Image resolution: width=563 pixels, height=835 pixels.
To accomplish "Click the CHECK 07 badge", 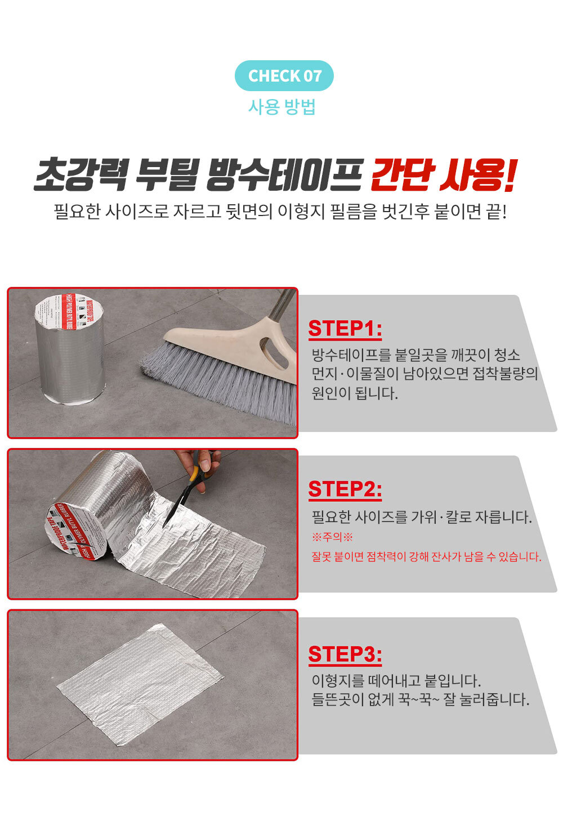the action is (x=284, y=75).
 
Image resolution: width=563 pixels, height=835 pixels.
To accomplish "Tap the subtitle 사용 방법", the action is (x=282, y=107).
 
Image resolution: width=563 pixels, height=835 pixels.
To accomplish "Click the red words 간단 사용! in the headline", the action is (x=443, y=174).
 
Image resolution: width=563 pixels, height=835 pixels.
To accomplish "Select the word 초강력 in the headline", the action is (x=81, y=174).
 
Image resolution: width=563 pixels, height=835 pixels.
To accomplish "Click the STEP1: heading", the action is (x=345, y=329).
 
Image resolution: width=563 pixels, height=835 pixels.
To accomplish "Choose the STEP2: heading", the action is (x=345, y=490).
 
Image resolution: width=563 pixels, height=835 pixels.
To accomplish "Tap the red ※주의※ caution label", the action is (x=332, y=537).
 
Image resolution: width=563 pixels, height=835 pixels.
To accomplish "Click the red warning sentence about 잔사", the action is (x=426, y=557).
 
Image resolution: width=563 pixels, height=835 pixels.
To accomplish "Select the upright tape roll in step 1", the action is (x=70, y=349).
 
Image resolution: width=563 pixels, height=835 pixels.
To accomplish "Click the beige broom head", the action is (x=232, y=343).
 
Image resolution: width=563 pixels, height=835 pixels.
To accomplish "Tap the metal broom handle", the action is (x=283, y=304).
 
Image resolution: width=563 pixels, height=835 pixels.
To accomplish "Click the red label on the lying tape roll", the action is (x=75, y=529).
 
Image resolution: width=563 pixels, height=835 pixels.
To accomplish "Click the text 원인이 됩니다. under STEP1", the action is (x=355, y=393).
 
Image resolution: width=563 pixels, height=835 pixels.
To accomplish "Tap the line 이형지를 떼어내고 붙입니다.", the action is (x=396, y=681).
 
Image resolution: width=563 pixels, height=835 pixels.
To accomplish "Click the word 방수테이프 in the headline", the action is (x=284, y=174).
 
